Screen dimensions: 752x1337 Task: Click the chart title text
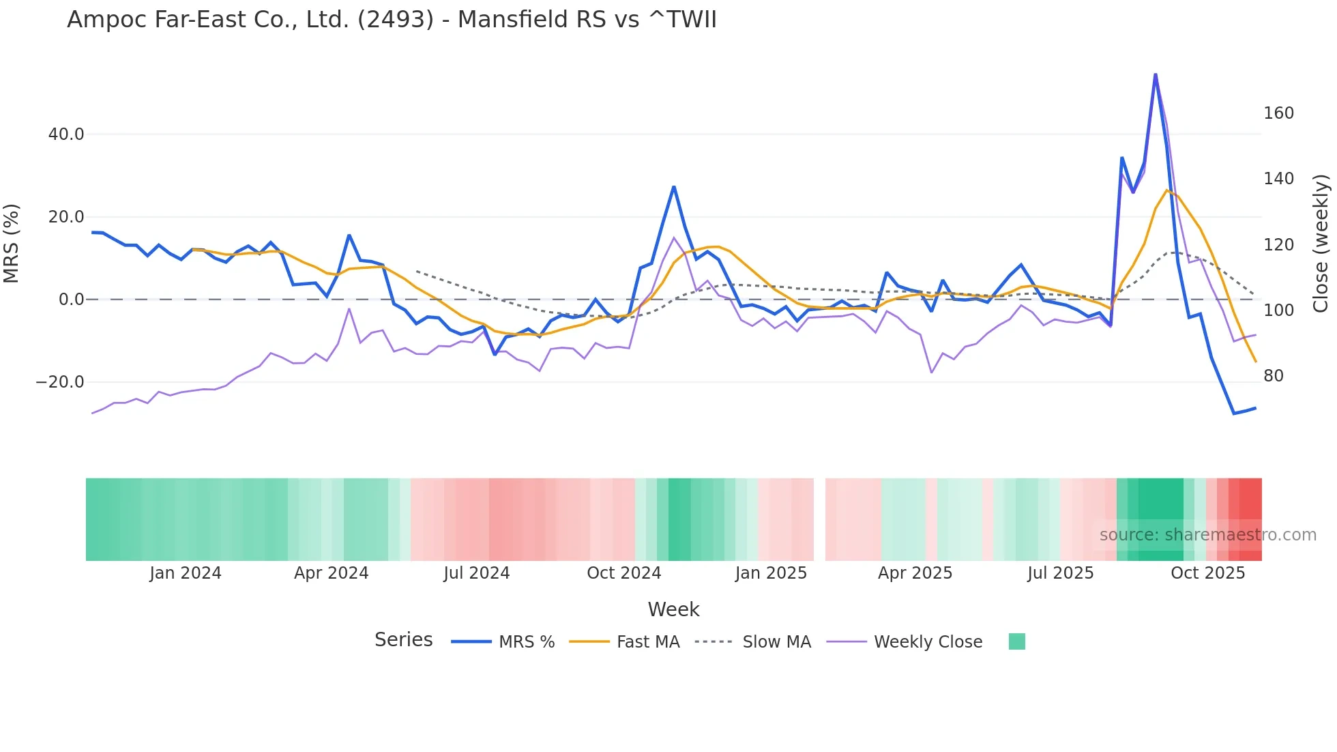click(392, 20)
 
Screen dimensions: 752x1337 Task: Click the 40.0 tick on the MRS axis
click(66, 134)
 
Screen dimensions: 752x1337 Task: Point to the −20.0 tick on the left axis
click(60, 382)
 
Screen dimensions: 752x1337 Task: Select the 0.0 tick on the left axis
click(72, 300)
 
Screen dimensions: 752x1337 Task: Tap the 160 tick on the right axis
click(1278, 113)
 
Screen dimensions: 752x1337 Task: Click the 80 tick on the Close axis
click(1273, 376)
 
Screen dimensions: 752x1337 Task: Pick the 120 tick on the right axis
click(1278, 244)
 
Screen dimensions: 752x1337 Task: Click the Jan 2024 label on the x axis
click(186, 573)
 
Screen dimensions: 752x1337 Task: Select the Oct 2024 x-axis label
click(623, 573)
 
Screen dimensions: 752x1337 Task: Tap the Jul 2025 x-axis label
click(1060, 573)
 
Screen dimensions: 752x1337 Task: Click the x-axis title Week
click(673, 609)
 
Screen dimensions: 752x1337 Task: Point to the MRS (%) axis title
click(12, 243)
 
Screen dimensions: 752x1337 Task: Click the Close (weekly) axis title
click(1321, 243)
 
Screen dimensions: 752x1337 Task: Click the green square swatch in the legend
click(1016, 641)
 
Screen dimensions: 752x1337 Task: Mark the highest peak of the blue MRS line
click(1155, 74)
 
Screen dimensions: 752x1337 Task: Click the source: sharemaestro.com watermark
click(1207, 535)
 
